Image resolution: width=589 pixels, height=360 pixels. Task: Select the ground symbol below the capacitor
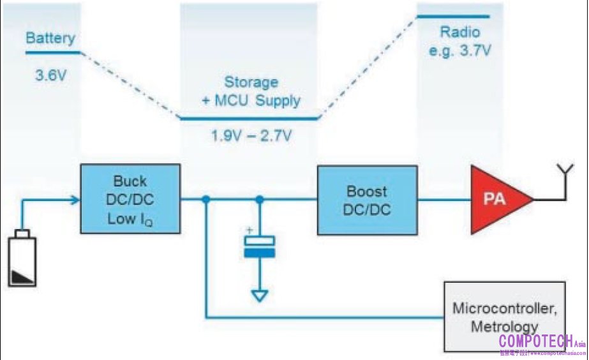(x=259, y=296)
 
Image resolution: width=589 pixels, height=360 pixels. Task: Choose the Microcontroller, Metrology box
(x=505, y=317)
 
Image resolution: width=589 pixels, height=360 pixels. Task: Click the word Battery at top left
(x=50, y=38)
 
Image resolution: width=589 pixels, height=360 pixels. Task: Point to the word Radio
(x=459, y=33)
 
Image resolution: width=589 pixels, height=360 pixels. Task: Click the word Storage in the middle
(x=251, y=82)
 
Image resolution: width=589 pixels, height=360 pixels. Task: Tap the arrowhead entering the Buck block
(x=75, y=200)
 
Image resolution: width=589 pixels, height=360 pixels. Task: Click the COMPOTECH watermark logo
(x=539, y=341)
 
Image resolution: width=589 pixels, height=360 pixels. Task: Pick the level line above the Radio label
(x=453, y=17)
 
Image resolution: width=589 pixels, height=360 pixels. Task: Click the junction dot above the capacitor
(x=259, y=200)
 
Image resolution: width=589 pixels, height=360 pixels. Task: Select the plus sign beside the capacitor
(x=250, y=231)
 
